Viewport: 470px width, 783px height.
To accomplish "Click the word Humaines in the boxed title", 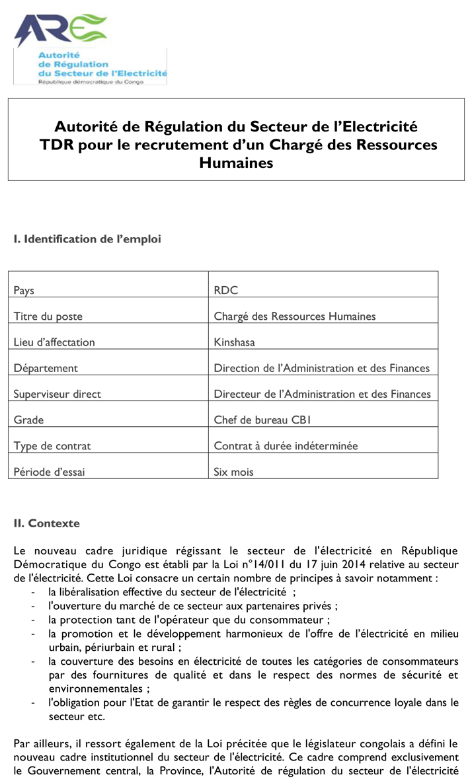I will click(x=236, y=163).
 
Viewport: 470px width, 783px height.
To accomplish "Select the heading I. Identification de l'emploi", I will click(x=87, y=239).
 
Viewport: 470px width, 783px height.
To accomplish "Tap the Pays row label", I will click(x=24, y=290).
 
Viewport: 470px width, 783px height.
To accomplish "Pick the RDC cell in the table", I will click(x=226, y=290).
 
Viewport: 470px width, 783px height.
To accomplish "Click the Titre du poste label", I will click(x=48, y=316).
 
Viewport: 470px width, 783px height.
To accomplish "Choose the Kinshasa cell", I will click(x=234, y=342).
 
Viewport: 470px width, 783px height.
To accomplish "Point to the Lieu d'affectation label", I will click(x=54, y=342).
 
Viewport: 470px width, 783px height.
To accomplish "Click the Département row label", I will click(x=46, y=368).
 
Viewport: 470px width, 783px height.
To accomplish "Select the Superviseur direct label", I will click(x=58, y=394).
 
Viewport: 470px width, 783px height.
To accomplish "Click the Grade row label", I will click(x=28, y=420).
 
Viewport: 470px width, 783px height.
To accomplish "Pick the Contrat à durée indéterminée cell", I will click(x=286, y=446).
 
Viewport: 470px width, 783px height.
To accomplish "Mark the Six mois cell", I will click(x=233, y=472).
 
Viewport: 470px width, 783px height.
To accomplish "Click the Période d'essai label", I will click(x=49, y=472).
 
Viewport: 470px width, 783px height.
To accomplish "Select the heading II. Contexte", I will click(x=46, y=523).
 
